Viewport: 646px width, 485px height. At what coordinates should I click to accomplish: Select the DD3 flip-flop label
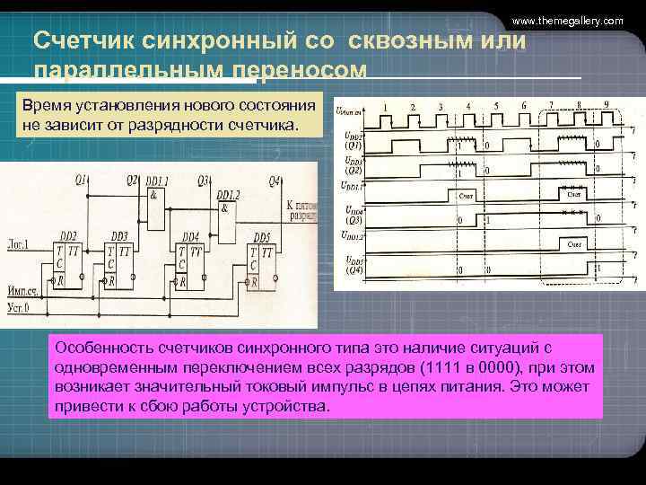coord(118,235)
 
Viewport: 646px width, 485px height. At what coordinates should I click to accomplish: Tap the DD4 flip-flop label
coord(188,236)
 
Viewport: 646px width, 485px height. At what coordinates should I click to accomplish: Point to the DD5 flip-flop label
coord(260,236)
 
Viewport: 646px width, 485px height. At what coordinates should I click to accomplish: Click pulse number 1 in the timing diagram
coord(384,106)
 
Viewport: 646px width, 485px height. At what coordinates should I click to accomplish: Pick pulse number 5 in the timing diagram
coord(495,106)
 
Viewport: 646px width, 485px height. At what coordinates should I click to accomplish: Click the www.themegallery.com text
coord(567,20)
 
